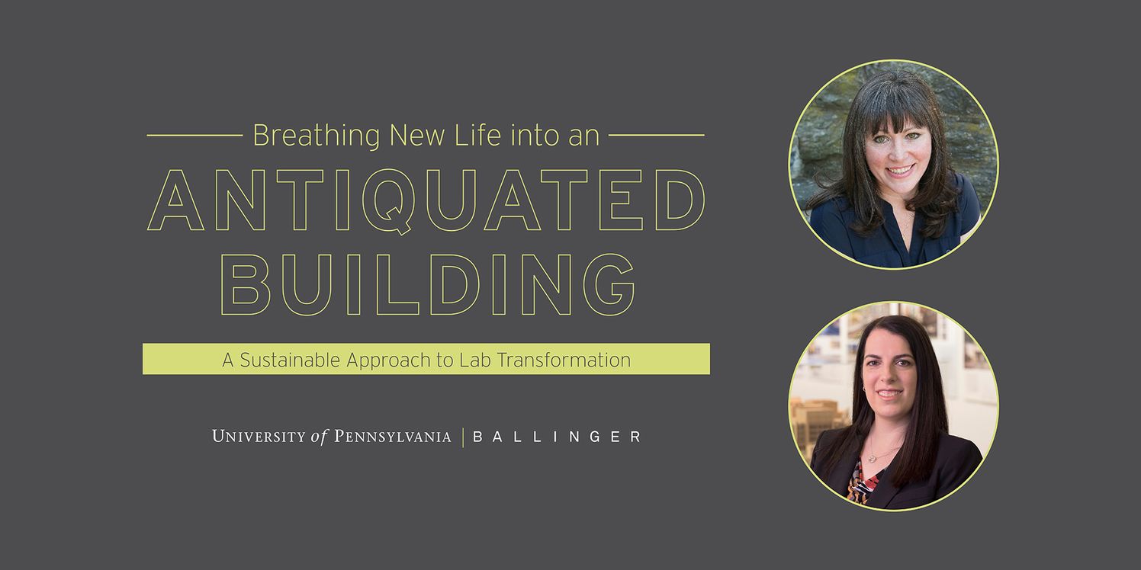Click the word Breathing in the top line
[x=317, y=136]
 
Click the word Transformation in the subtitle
[x=564, y=360]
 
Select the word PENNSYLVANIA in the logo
[x=392, y=437]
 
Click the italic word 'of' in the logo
[x=319, y=437]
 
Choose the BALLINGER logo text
[x=557, y=437]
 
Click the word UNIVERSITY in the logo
[x=259, y=437]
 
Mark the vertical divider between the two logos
[x=462, y=437]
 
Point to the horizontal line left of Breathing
[x=194, y=136]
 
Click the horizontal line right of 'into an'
[x=657, y=136]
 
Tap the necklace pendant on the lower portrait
[x=872, y=458]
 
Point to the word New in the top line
[x=417, y=136]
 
